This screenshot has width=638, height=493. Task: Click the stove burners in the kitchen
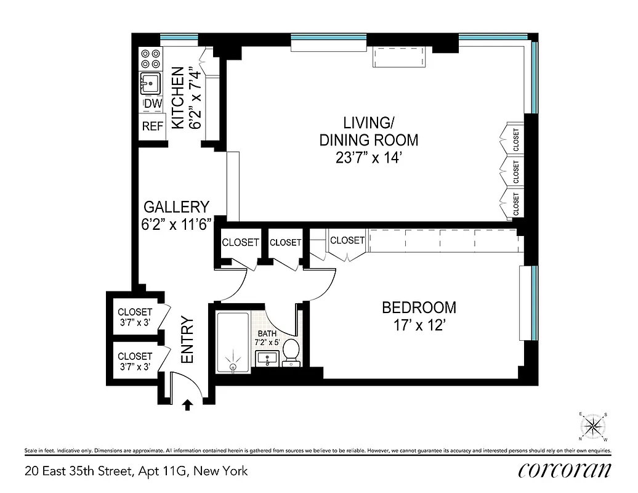pyautogui.click(x=150, y=59)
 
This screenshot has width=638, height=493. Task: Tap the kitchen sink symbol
pyautogui.click(x=150, y=82)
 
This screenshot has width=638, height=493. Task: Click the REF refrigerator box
pyautogui.click(x=152, y=126)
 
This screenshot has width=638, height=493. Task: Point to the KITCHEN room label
pyautogui.click(x=177, y=99)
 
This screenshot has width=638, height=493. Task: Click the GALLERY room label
pyautogui.click(x=176, y=207)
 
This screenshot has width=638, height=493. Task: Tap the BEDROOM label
pyautogui.click(x=419, y=307)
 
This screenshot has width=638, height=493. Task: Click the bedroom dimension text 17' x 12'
pyautogui.click(x=419, y=325)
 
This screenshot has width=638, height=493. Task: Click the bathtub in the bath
pyautogui.click(x=233, y=343)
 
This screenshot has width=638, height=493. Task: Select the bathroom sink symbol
pyautogui.click(x=268, y=359)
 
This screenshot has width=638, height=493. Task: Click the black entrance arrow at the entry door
pyautogui.click(x=188, y=404)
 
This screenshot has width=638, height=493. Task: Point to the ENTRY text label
pyautogui.click(x=187, y=339)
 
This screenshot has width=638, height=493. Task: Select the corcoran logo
pyautogui.click(x=565, y=470)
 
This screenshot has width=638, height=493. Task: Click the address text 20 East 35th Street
pyautogui.click(x=136, y=471)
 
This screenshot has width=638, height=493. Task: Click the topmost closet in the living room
pyautogui.click(x=514, y=139)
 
